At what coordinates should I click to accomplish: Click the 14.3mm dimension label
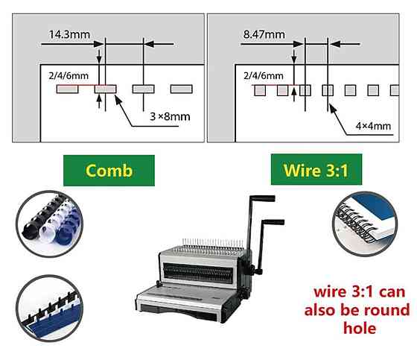[69, 34]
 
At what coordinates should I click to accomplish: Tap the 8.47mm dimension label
[264, 34]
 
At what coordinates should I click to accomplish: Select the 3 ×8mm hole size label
[170, 116]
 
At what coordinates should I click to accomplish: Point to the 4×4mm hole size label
[373, 126]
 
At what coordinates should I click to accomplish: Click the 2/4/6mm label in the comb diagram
[69, 76]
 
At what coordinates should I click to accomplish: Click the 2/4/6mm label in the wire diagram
[264, 76]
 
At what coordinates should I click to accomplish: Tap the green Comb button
[109, 171]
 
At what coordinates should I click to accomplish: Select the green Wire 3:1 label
[316, 169]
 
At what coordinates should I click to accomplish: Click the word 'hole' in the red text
[360, 328]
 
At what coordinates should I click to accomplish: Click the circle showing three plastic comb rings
[49, 224]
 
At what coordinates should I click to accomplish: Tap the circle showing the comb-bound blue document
[49, 309]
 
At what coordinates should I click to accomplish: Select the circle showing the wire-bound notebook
[365, 224]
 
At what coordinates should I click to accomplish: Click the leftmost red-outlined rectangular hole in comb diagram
[67, 89]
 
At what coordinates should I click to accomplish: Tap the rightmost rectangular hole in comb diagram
[182, 89]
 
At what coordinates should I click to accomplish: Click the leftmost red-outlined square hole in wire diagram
[260, 90]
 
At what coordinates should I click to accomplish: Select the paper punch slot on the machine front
[198, 274]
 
